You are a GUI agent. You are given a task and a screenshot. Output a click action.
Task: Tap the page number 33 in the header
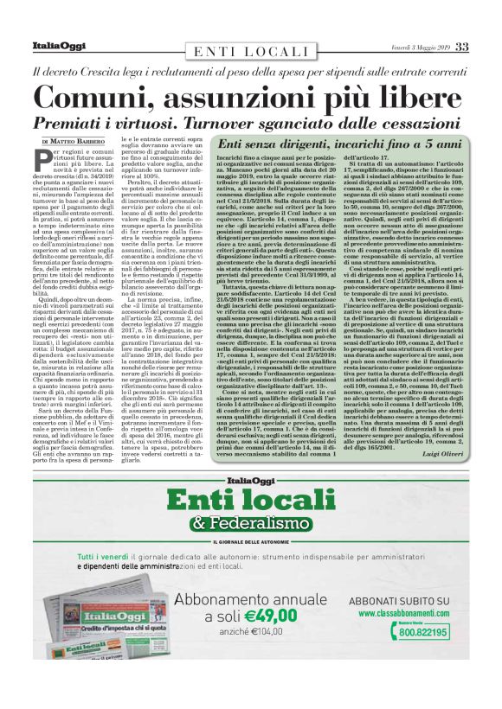[x=462, y=47]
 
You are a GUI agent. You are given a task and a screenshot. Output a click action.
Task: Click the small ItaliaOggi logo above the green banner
[x=250, y=484]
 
